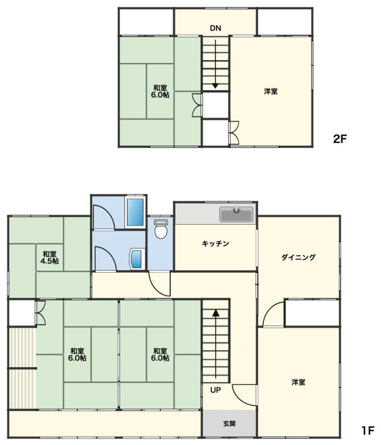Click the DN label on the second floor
click(x=216, y=28)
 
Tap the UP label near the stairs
click(x=216, y=390)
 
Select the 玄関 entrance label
click(x=229, y=424)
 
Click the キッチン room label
click(x=216, y=243)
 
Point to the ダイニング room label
click(x=298, y=257)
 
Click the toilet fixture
click(x=161, y=229)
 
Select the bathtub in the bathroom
click(x=135, y=212)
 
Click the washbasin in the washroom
click(x=137, y=259)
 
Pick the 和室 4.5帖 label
click(x=50, y=257)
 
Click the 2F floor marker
click(x=340, y=139)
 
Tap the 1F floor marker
click(x=368, y=430)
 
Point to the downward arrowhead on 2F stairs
click(x=216, y=85)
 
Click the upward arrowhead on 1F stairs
click(x=216, y=313)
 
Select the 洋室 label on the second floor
click(x=271, y=91)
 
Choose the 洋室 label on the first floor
click(x=298, y=382)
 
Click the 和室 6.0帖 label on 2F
click(x=160, y=91)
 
